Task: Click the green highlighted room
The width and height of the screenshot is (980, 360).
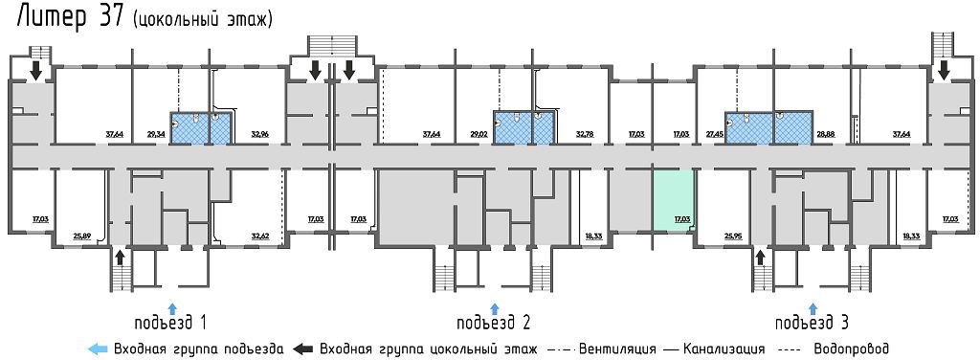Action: [x=674, y=199]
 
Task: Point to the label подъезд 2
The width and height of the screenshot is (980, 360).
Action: [x=494, y=322]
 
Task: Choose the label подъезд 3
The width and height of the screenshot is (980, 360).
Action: [x=813, y=322]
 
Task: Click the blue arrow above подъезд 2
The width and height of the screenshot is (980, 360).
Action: [x=495, y=307]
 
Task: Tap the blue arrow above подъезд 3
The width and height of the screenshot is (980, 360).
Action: [x=813, y=307]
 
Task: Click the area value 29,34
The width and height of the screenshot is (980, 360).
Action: [x=155, y=135]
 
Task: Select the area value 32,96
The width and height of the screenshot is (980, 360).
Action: [x=260, y=135]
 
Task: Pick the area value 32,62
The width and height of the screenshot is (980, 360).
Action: [x=260, y=234]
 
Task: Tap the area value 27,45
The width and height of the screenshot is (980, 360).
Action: [x=712, y=135]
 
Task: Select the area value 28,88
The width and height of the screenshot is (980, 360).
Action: [x=826, y=135]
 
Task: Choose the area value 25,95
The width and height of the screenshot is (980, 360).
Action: [x=733, y=234]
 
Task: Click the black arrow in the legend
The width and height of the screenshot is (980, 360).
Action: [x=303, y=349]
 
